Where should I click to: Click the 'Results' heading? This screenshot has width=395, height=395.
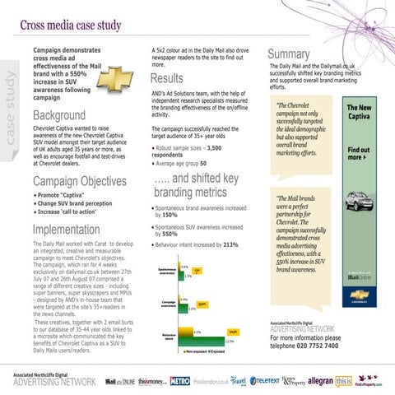pos(167,79)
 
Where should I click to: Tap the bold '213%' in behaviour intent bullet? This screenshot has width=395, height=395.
pos(230,244)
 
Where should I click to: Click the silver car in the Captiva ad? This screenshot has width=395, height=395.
pos(364,203)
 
